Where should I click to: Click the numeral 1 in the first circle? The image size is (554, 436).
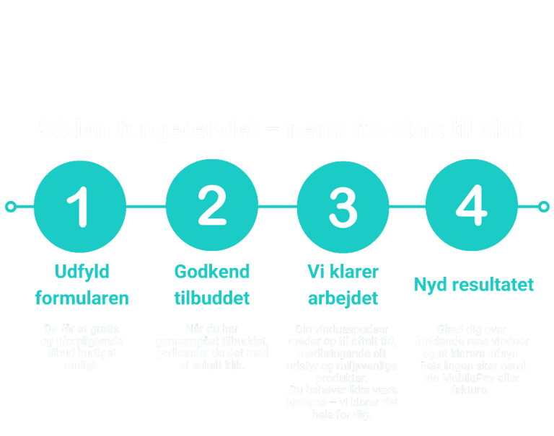pos(82,206)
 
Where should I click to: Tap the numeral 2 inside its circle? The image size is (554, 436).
pos(212,206)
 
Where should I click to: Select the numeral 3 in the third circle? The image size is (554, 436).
pos(343,206)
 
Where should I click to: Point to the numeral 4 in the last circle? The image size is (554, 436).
pos(472,206)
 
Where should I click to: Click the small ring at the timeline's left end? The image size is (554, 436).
pos(10,207)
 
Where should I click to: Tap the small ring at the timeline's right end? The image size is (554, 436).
pos(544,207)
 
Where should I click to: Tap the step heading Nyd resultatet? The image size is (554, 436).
pos(474,284)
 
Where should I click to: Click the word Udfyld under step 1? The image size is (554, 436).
pos(82,272)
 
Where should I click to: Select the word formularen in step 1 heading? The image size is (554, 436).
pos(82,298)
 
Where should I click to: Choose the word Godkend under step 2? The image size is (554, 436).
pos(212,272)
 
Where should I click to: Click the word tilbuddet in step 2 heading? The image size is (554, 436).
pos(212,298)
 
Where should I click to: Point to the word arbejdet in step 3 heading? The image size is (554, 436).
pos(343,298)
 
